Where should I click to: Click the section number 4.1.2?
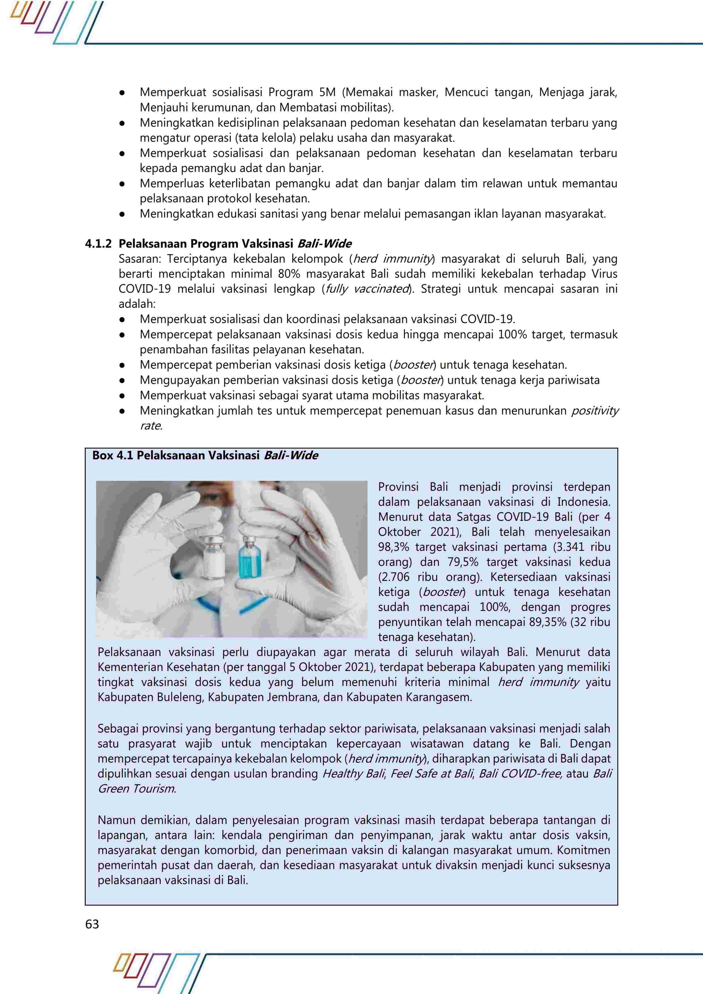pos(98,244)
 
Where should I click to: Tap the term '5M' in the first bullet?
pos(327,92)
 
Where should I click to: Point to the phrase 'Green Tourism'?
pos(136,789)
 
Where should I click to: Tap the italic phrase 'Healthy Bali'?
pos(353,774)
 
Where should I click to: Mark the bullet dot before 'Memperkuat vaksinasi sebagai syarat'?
pos(123,396)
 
